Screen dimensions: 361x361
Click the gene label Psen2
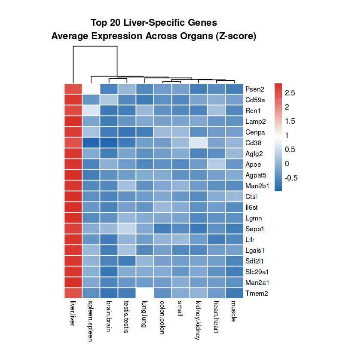click(254, 89)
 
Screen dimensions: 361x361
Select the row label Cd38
click(254, 143)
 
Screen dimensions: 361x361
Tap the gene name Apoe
click(253, 165)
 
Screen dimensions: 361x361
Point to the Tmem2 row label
click(256, 294)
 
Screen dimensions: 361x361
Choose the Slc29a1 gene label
click(257, 272)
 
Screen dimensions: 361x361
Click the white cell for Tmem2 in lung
click(145, 293)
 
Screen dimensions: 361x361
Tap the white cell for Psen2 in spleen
click(91, 89)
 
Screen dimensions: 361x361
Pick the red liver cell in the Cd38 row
click(73, 143)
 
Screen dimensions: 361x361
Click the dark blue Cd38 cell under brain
click(109, 143)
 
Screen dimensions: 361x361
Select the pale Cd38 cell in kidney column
click(199, 143)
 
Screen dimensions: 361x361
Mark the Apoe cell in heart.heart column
click(217, 164)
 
